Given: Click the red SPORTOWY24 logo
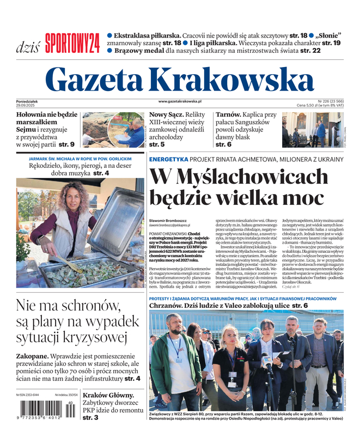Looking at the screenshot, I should pos(72,43).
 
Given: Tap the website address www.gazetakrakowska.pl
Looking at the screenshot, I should pos(180,101).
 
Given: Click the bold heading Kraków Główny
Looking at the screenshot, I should pos(108,395).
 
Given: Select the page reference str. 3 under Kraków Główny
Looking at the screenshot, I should pos(90,417).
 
